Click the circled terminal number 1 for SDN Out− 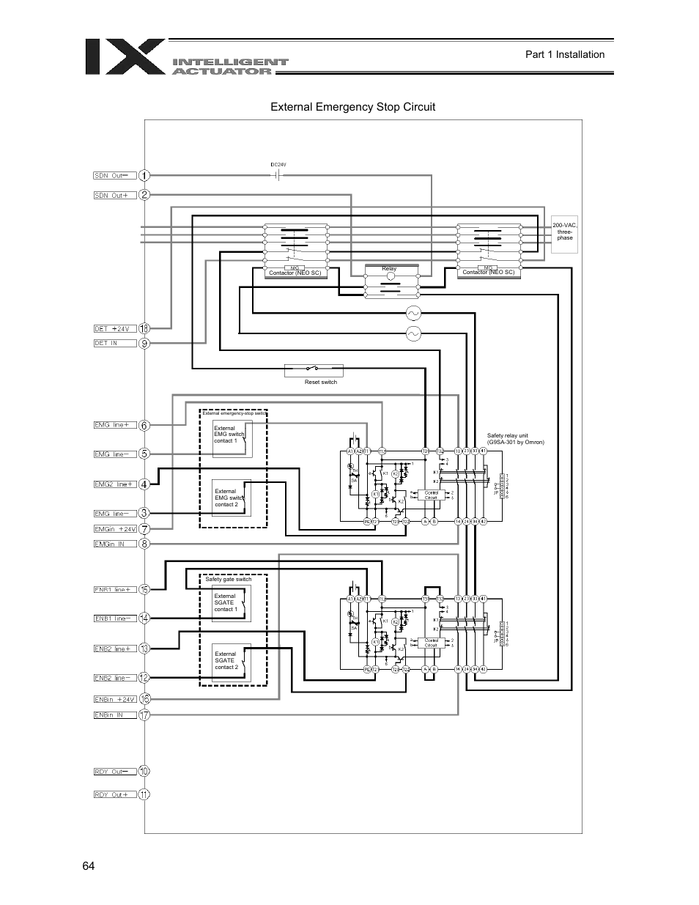(144, 175)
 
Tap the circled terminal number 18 (144, 328)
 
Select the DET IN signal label (114, 343)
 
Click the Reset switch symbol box (314, 370)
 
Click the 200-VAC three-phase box (564, 232)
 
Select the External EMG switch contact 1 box (232, 438)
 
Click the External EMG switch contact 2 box (232, 498)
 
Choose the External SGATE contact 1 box (231, 602)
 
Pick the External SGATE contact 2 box (231, 661)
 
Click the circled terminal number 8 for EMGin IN (144, 544)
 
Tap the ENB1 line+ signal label (114, 589)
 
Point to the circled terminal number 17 (144, 714)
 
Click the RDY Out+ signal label (114, 794)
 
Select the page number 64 (89, 866)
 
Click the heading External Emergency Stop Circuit (352, 107)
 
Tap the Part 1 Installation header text (565, 54)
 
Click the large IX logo (125, 56)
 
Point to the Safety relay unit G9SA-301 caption (516, 438)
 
